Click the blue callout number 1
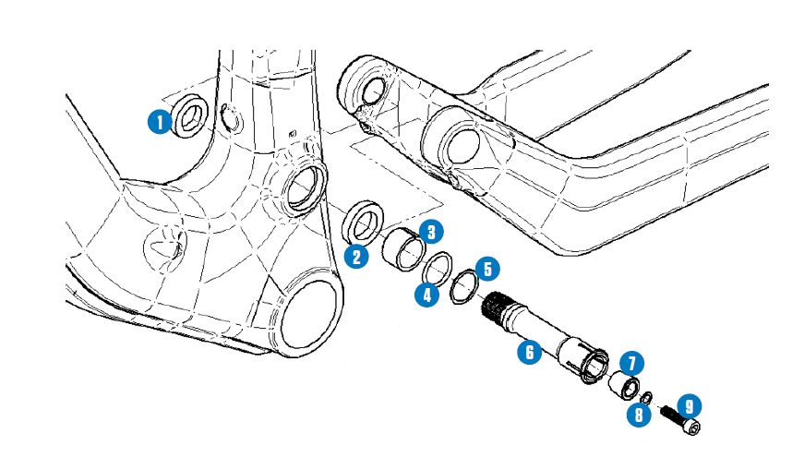coord(162,121)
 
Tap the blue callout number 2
coord(357,256)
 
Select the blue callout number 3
coord(430,231)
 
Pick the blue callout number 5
coord(487,270)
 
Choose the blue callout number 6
coord(529,352)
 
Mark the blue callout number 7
coord(632,363)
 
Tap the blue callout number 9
coord(688,405)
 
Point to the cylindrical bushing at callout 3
coord(402,248)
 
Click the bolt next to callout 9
coord(681,420)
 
